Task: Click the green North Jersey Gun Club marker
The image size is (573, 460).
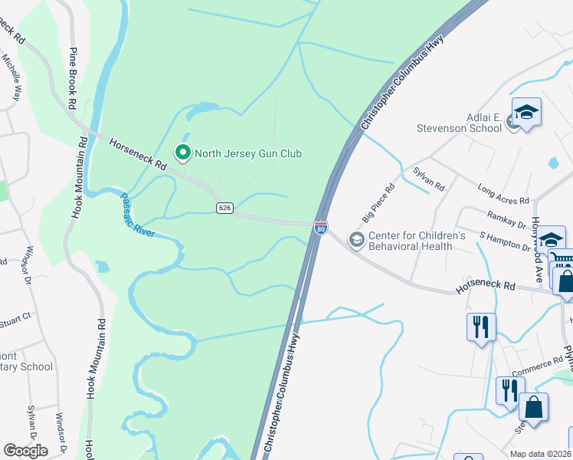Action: click(183, 153)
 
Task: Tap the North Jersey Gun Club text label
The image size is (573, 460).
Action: click(247, 154)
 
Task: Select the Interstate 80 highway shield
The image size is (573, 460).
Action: click(321, 228)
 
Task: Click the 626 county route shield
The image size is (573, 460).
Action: click(224, 208)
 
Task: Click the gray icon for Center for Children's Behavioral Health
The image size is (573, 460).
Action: click(356, 241)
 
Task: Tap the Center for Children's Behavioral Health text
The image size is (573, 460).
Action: click(417, 241)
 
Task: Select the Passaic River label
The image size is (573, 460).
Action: click(139, 213)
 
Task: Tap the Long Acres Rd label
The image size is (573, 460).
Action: click(503, 195)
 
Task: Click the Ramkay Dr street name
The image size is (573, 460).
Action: click(506, 220)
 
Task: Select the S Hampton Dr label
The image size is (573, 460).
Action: click(506, 242)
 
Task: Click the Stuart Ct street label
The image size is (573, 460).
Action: click(15, 318)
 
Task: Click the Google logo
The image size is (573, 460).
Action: click(25, 451)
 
